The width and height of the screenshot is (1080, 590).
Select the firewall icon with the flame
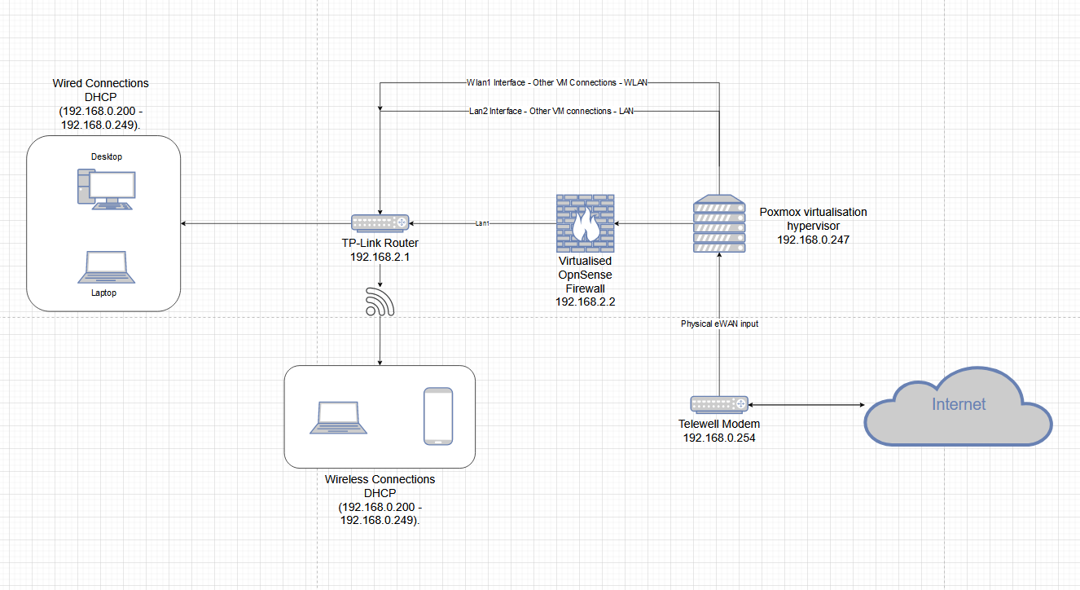pos(585,224)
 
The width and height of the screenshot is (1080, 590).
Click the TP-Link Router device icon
pos(380,222)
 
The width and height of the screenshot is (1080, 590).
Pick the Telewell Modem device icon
pos(718,403)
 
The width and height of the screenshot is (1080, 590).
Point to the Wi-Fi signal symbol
pos(380,302)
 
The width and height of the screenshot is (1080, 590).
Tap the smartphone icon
pos(437,416)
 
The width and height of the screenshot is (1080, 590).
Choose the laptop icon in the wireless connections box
pos(337,417)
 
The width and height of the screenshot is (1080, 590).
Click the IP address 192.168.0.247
pos(813,240)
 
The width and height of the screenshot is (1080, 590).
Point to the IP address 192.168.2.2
pos(585,302)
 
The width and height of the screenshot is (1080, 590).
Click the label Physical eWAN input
pos(720,324)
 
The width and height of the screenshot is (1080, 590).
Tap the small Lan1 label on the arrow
pos(483,223)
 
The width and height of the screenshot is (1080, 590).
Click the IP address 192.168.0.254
pos(718,438)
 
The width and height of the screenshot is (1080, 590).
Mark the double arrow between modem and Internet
pos(806,404)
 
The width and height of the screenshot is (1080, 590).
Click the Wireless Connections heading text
pos(380,479)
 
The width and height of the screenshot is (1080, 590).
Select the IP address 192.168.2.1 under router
pos(380,257)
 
